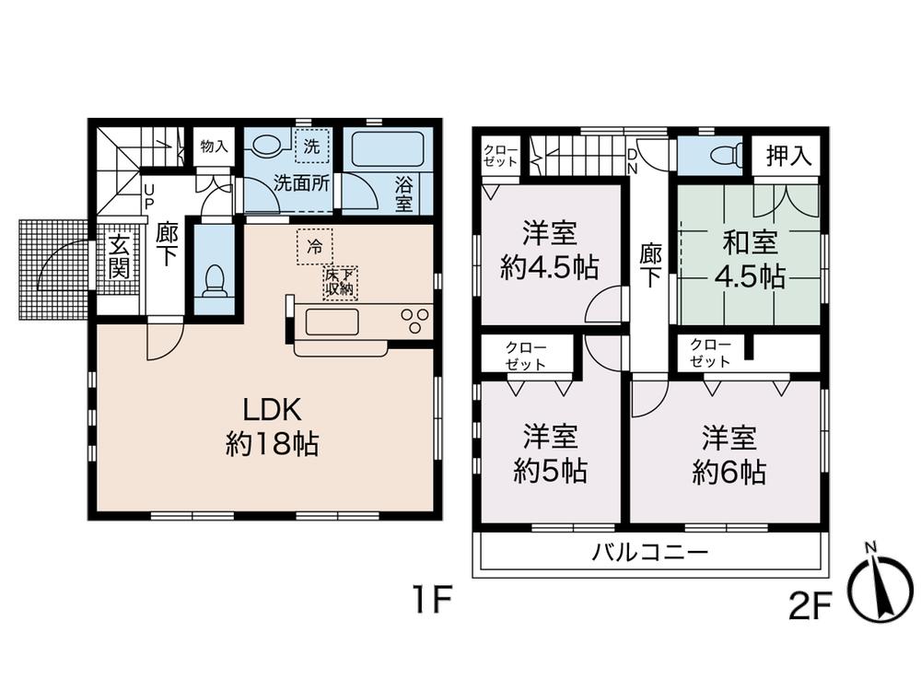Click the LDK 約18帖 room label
click(272, 428)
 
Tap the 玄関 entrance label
click(119, 257)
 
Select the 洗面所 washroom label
click(300, 182)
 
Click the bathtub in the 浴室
click(383, 147)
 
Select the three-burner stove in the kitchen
click(415, 322)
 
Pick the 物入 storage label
click(214, 146)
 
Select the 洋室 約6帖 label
click(729, 453)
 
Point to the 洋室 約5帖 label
click(551, 453)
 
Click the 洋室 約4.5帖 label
click(551, 250)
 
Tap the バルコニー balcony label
click(649, 554)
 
